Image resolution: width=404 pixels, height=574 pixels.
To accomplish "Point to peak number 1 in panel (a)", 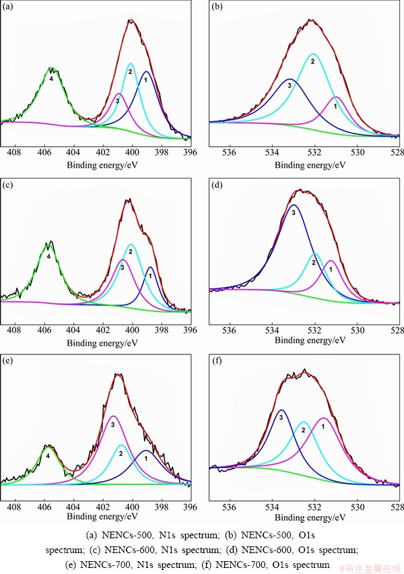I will (145, 80).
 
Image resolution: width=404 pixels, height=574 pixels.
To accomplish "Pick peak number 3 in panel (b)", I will (290, 85).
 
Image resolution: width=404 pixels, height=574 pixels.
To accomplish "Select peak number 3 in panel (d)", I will (294, 211).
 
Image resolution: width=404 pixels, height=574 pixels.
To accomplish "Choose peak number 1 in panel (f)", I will (323, 426).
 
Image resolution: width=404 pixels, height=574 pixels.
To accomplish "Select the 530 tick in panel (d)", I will (358, 330).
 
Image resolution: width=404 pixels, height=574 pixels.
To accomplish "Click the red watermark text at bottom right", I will (368, 568).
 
